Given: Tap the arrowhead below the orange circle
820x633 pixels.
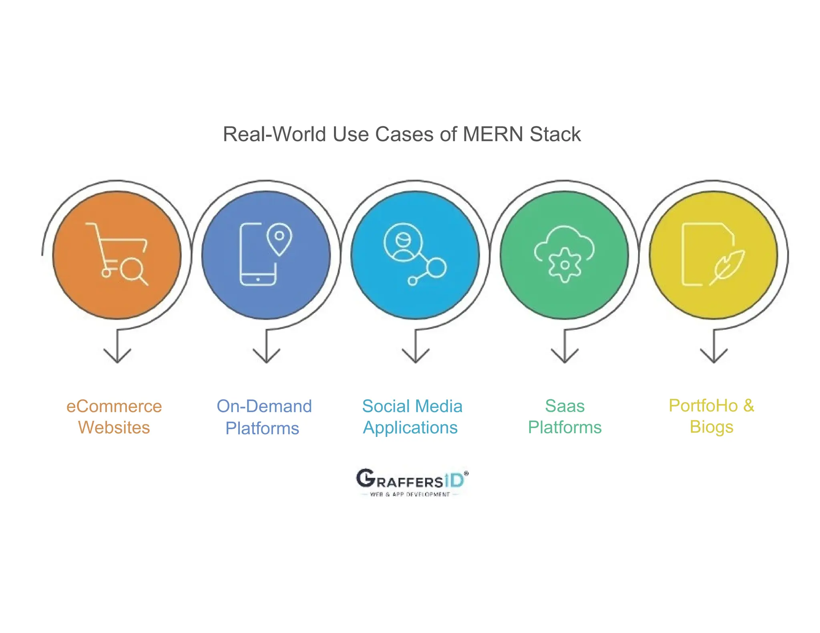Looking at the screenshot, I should [x=117, y=356].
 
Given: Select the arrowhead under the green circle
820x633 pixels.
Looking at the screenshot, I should [x=565, y=356].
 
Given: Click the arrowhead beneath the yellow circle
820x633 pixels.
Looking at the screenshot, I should [x=714, y=356].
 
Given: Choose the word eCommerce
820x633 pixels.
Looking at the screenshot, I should [x=114, y=407].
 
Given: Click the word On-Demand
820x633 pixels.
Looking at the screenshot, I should [x=264, y=407].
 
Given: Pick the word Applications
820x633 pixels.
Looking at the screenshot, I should [x=410, y=428].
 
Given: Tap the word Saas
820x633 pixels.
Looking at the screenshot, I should [x=565, y=407].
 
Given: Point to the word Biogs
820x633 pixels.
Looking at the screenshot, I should [x=711, y=427].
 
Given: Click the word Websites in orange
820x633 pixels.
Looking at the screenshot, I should [x=114, y=428].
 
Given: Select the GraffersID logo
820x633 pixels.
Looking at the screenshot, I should [x=412, y=483].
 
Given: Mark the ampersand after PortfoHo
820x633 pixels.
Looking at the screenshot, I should [x=748, y=406].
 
